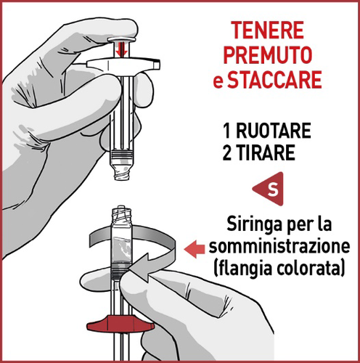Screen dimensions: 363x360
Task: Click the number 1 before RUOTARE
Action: (x=227, y=133)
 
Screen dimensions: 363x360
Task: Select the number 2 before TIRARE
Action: (x=228, y=153)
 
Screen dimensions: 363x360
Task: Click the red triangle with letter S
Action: (x=271, y=190)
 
